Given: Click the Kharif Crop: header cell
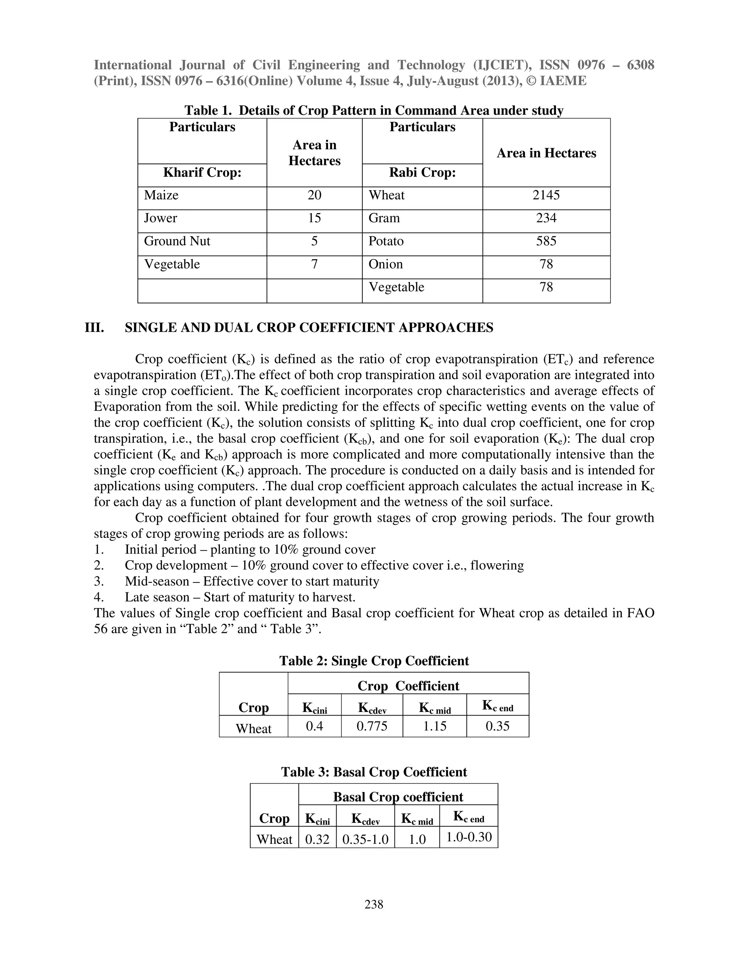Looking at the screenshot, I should click(202, 173).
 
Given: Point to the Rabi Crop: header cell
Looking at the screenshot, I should click(422, 173).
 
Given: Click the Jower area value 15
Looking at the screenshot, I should click(314, 218).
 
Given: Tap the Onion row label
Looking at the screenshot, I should click(385, 264).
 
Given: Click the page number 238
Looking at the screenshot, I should click(374, 904).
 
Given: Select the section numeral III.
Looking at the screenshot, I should click(94, 328).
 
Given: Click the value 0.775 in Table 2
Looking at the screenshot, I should click(372, 726).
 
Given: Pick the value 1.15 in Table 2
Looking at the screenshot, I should click(434, 726).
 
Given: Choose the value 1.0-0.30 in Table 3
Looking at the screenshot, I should click(468, 837).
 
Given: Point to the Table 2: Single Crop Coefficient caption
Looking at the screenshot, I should click(374, 661).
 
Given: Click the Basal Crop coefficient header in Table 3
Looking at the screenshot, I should click(398, 797).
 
